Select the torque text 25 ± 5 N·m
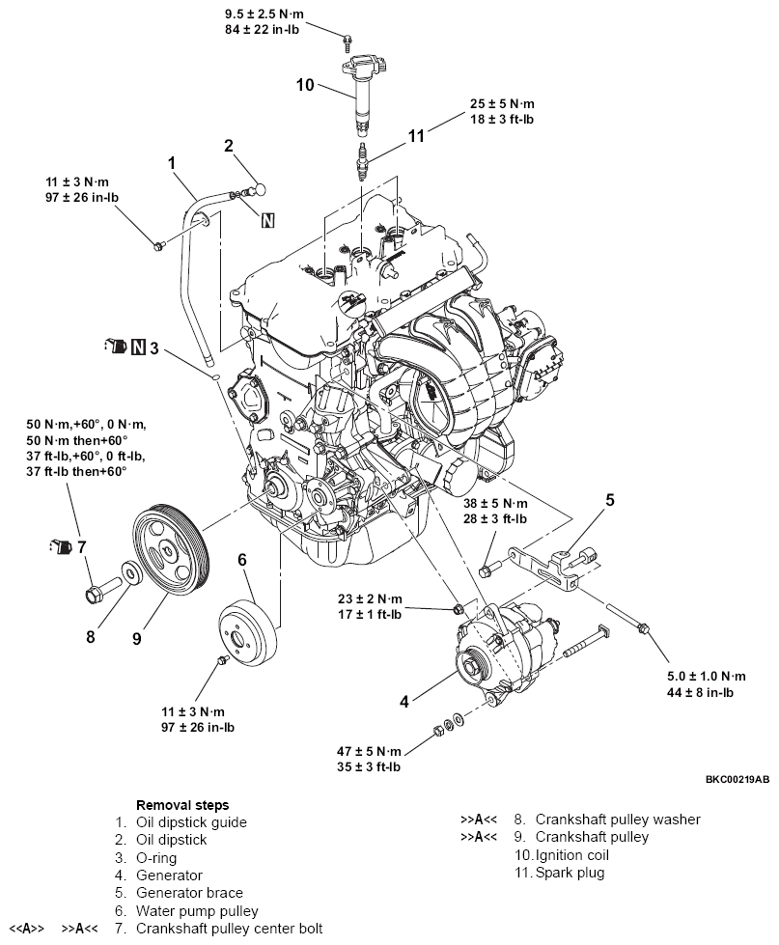pos(502,103)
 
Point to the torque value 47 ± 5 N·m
pos(364,751)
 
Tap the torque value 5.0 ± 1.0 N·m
pos(706,676)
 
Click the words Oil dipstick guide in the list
pos(191,822)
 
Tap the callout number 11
pos(415,137)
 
